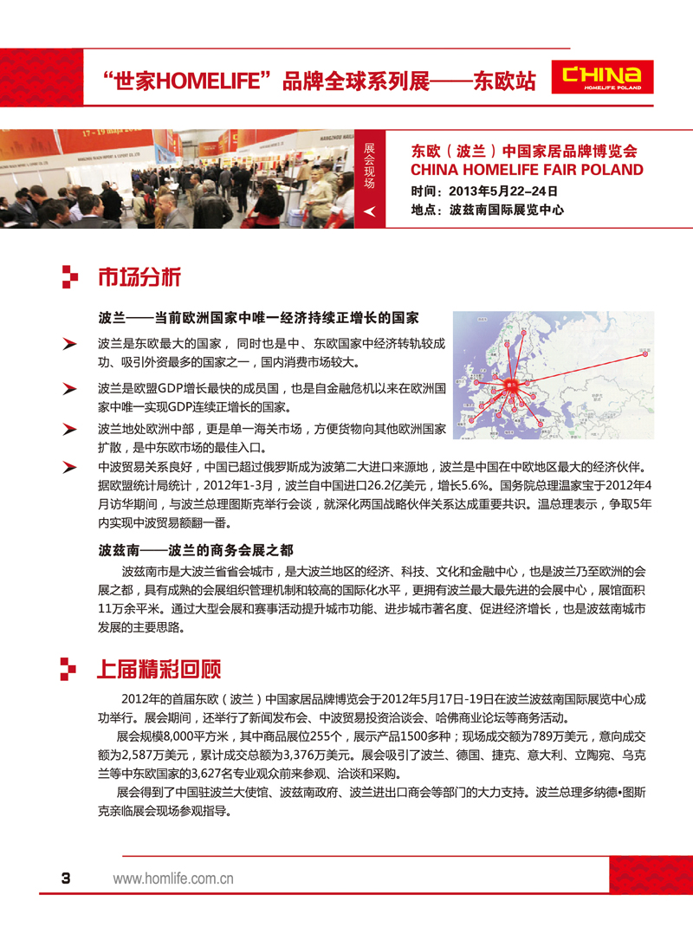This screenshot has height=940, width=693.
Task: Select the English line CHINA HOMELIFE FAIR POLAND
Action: [527, 170]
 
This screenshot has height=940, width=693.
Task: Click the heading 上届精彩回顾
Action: [158, 670]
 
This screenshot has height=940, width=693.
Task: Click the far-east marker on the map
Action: [643, 351]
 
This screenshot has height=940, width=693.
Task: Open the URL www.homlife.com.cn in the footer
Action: [174, 878]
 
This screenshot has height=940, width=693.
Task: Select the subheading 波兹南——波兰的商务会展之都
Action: [196, 550]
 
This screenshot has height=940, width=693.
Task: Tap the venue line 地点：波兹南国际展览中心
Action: [488, 211]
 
